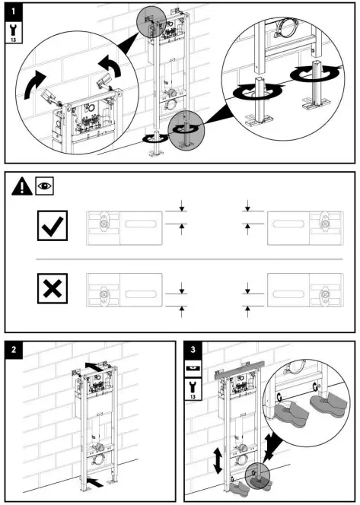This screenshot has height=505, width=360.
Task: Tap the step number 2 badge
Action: tap(14, 350)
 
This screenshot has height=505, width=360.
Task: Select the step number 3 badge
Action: tap(193, 350)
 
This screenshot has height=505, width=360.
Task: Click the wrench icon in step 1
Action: tap(13, 32)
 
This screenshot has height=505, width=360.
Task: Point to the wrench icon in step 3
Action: tap(193, 389)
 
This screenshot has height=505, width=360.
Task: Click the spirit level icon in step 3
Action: tap(193, 368)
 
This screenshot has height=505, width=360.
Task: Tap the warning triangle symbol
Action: tap(21, 187)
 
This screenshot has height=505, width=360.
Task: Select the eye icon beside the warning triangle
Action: tap(44, 186)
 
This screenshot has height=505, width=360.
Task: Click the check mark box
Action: tap(53, 225)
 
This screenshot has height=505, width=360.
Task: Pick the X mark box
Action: tap(53, 288)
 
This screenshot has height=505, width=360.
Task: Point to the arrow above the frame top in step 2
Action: tap(95, 367)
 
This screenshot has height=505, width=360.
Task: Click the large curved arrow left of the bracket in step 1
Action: tap(34, 84)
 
